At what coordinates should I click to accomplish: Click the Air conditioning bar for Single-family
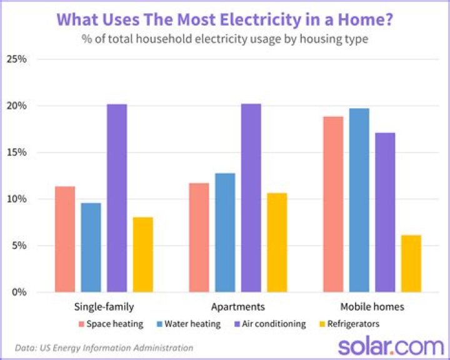(116, 198)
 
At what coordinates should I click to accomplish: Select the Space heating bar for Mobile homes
(333, 204)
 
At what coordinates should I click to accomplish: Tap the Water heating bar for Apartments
(225, 232)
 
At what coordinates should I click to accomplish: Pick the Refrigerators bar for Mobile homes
(411, 263)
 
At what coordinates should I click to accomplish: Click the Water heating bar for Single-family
(91, 247)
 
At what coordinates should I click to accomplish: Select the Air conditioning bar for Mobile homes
(385, 212)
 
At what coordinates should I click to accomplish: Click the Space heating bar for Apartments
(199, 237)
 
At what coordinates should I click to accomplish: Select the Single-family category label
(104, 307)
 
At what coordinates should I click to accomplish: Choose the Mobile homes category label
(372, 307)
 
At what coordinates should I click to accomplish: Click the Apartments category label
(237, 307)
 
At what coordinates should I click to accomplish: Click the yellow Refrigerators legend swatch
(322, 324)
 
